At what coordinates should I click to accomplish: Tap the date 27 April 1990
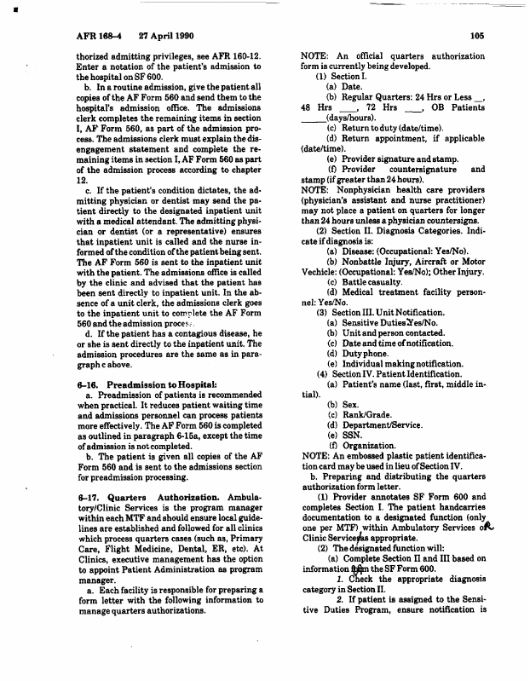pos(159,36)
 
